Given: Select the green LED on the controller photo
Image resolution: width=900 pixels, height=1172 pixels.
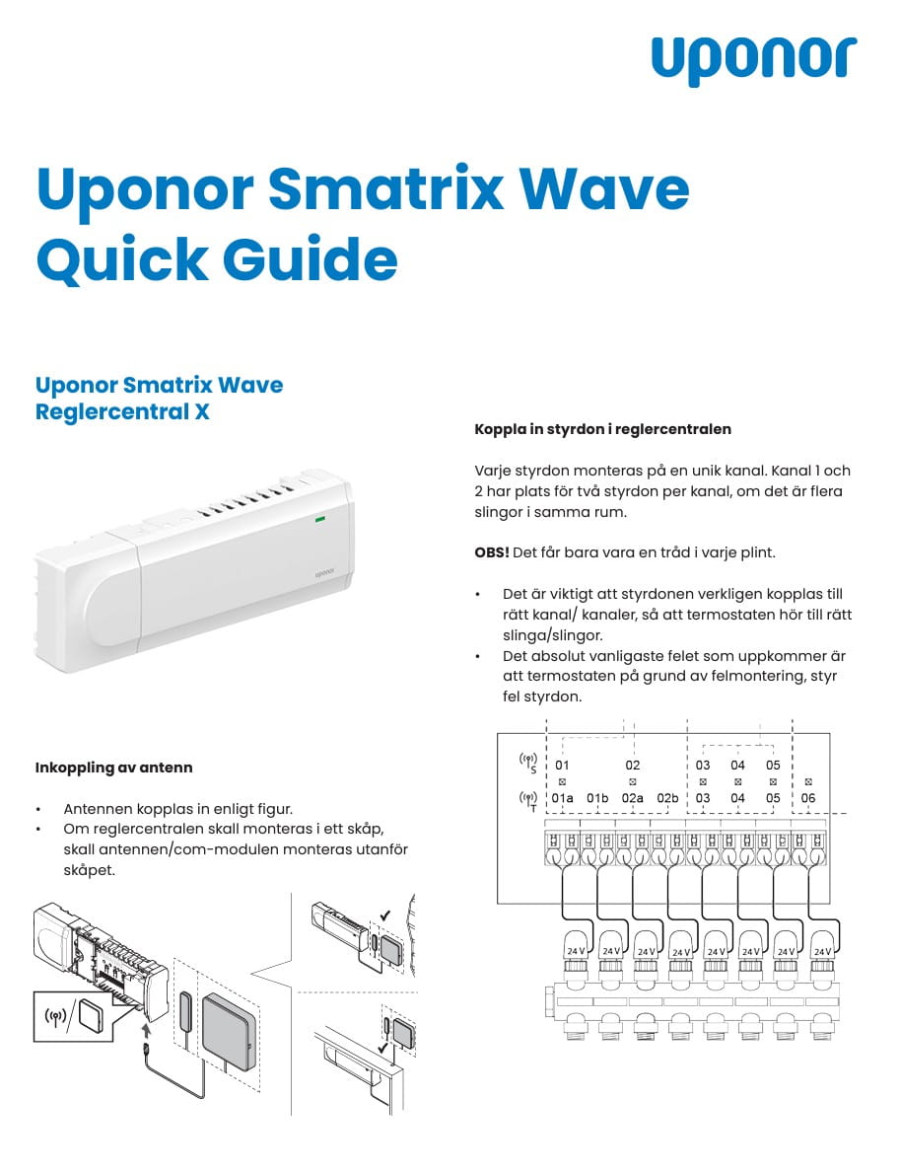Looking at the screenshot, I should pyautogui.click(x=319, y=517).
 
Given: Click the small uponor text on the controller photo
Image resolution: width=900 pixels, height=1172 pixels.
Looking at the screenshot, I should pyautogui.click(x=325, y=570).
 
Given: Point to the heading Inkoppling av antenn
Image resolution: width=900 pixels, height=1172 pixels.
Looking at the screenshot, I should pyautogui.click(x=113, y=767).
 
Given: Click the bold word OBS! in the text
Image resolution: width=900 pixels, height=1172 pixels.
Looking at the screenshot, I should pyautogui.click(x=491, y=552).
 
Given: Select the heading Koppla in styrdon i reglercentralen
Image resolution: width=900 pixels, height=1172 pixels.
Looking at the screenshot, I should pyautogui.click(x=602, y=430).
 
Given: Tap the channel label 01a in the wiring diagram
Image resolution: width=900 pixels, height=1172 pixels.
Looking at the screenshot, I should pyautogui.click(x=562, y=798).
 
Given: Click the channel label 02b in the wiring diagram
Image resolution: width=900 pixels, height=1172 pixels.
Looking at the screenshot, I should pyautogui.click(x=667, y=798).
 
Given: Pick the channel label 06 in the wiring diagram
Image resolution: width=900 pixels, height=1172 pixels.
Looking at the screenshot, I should pyautogui.click(x=808, y=798).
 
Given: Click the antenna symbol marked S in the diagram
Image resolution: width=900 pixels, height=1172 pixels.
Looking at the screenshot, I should pyautogui.click(x=528, y=763).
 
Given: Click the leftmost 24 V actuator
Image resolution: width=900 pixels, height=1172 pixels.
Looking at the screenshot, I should pyautogui.click(x=576, y=948).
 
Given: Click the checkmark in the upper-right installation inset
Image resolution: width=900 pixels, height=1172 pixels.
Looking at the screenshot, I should pyautogui.click(x=384, y=916).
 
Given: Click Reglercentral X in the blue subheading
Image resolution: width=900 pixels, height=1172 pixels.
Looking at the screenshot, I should pyautogui.click(x=122, y=411).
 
